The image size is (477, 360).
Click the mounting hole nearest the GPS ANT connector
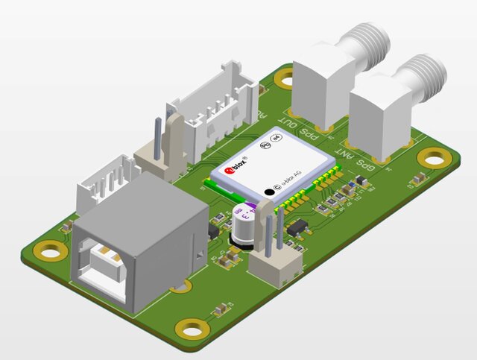tap(433, 157)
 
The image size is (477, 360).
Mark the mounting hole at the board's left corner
tap(49, 252)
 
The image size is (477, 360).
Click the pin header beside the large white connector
tap(162, 149)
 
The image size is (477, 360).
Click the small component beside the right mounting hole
tap(420, 179)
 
